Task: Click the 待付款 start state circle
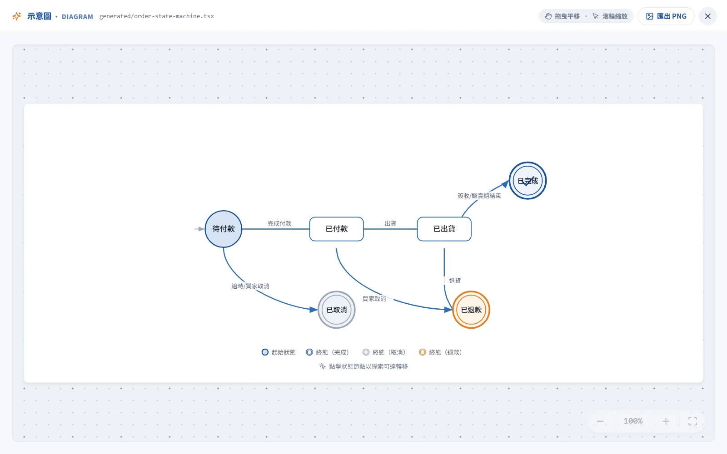tap(223, 229)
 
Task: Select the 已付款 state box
tap(337, 229)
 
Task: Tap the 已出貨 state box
tap(444, 229)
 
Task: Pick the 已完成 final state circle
tap(528, 181)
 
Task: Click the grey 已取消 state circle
tap(337, 310)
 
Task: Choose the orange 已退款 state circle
tap(471, 310)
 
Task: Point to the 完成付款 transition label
tap(279, 223)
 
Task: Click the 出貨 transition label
tap(390, 223)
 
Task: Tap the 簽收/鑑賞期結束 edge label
tap(479, 196)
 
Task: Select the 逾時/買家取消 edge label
tap(250, 286)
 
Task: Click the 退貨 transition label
tap(455, 281)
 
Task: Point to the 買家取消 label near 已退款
tap(374, 299)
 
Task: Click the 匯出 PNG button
tap(666, 16)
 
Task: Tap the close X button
tap(708, 16)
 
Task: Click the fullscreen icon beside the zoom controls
tap(692, 421)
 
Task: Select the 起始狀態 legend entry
tap(279, 352)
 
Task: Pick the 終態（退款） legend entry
tap(440, 352)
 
